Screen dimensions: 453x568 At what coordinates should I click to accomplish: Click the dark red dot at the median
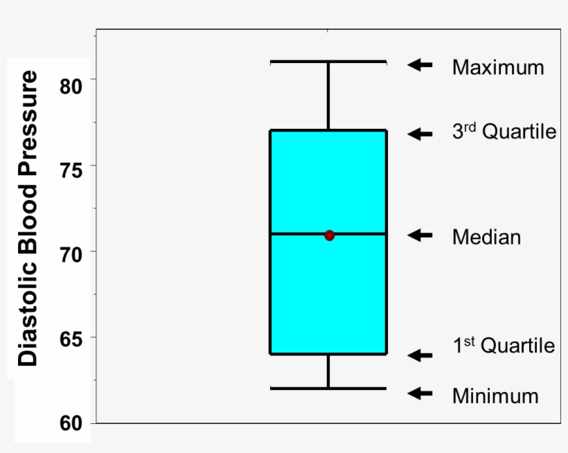[x=329, y=236]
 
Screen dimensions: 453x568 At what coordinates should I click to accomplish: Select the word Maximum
[x=498, y=67]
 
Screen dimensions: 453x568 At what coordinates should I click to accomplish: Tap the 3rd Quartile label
[x=504, y=132]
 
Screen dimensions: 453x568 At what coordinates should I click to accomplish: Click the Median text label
[x=486, y=237]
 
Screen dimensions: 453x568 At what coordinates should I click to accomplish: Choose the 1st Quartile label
[x=504, y=345]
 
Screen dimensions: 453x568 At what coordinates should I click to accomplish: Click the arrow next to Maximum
[x=420, y=64]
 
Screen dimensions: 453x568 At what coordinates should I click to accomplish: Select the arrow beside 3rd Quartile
[x=420, y=134]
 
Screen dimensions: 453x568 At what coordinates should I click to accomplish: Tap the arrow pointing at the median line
[x=420, y=236]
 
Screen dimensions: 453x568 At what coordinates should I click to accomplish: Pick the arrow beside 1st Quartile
[x=420, y=355]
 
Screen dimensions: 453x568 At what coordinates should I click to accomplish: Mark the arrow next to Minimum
[x=420, y=393]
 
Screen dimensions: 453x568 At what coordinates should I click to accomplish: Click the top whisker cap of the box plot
[x=328, y=62]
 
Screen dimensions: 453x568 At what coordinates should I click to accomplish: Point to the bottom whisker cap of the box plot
[x=328, y=388]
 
